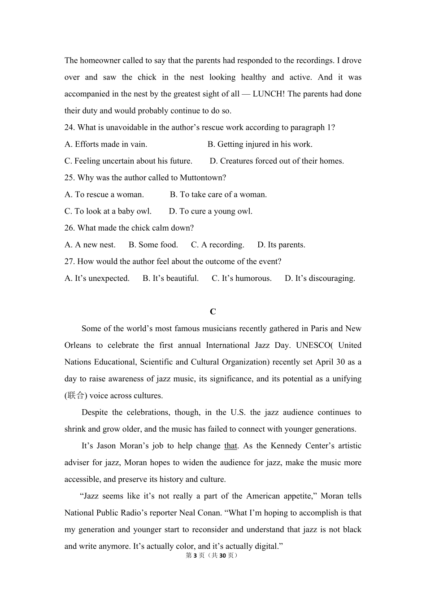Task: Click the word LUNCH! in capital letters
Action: (x=269, y=94)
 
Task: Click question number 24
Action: (x=70, y=127)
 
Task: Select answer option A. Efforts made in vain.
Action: (x=106, y=144)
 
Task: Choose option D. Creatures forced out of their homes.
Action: (x=277, y=161)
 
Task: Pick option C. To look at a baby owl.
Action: (x=108, y=211)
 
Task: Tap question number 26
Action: (x=70, y=228)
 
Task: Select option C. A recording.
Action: (x=217, y=245)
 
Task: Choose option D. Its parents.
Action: (x=281, y=245)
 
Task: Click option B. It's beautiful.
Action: (x=170, y=279)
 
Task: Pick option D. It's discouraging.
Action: (x=320, y=279)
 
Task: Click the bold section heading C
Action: (x=213, y=312)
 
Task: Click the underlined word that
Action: (x=230, y=446)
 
